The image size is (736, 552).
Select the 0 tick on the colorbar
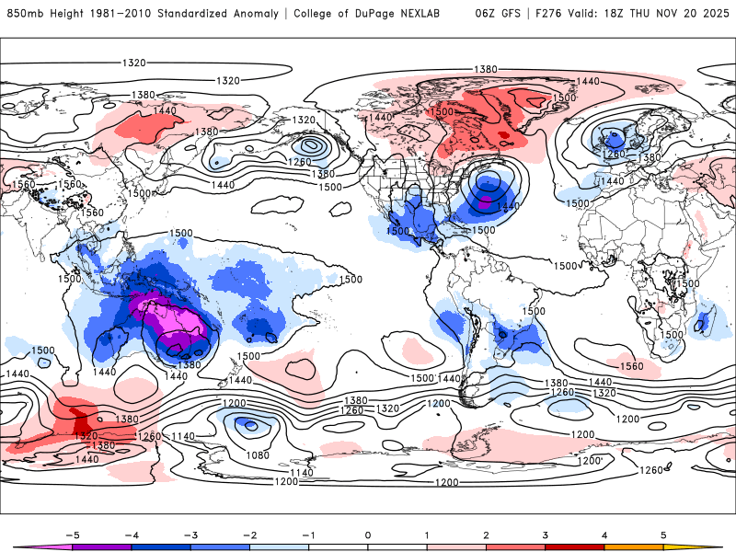(x=368, y=534)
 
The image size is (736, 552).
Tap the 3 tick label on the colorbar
(x=546, y=534)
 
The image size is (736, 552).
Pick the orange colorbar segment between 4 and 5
(x=635, y=546)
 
